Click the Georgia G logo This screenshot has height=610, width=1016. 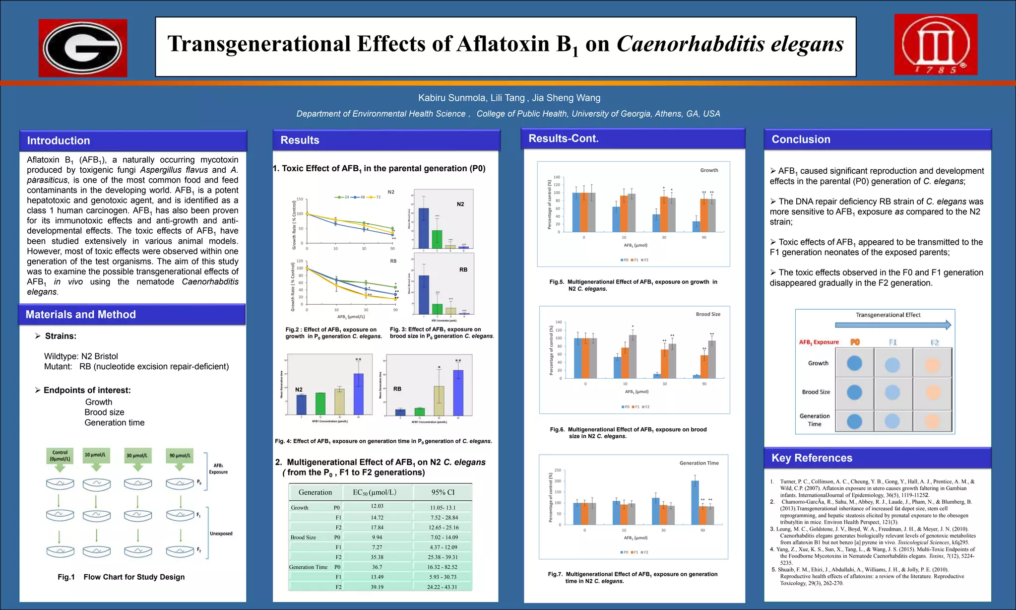pyautogui.click(x=83, y=48)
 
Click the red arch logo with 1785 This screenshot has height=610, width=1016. pyautogui.click(x=936, y=44)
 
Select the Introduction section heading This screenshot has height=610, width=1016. pyautogui.click(x=59, y=140)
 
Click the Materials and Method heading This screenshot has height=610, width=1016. pyautogui.click(x=80, y=314)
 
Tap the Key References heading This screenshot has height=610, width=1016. pyautogui.click(x=812, y=458)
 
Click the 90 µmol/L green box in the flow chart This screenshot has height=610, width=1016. pyautogui.click(x=179, y=455)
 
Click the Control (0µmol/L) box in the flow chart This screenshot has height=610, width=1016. pyautogui.click(x=60, y=456)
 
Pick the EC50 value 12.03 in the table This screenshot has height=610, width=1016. pyautogui.click(x=377, y=506)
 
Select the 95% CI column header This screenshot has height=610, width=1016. pyautogui.click(x=443, y=492)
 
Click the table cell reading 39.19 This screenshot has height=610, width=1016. pyautogui.click(x=377, y=587)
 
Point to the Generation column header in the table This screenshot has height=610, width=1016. pyautogui.click(x=315, y=492)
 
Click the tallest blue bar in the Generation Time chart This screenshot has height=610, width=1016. pyautogui.click(x=695, y=502)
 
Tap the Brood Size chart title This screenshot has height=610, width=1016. pyautogui.click(x=708, y=314)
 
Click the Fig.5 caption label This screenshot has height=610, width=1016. pyautogui.click(x=557, y=282)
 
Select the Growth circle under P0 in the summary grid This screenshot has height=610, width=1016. pyautogui.click(x=854, y=363)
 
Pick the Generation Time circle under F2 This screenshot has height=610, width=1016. pyautogui.click(x=933, y=421)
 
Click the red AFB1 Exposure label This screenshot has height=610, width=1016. pyautogui.click(x=819, y=342)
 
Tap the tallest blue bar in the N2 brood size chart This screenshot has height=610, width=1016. pyautogui.click(x=423, y=228)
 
